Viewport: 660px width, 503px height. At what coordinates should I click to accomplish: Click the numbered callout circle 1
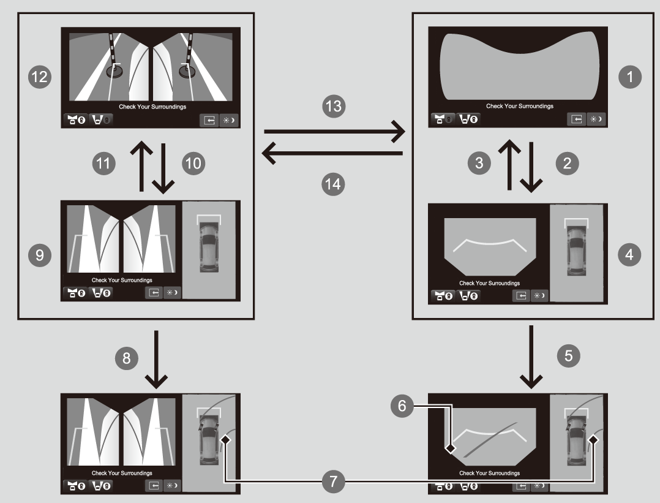click(629, 77)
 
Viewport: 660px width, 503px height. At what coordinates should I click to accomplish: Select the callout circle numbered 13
click(334, 106)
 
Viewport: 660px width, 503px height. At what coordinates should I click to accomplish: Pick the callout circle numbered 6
click(402, 405)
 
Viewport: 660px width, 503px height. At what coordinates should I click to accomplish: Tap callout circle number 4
click(629, 254)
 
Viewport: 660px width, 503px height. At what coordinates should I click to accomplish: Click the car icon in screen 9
click(208, 248)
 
